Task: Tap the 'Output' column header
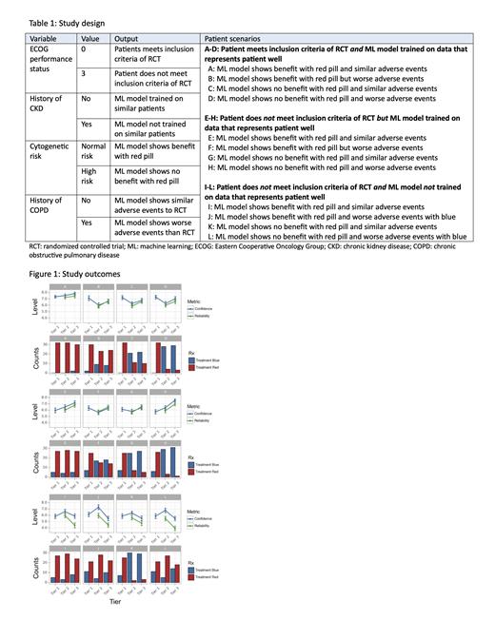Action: tap(130, 37)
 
